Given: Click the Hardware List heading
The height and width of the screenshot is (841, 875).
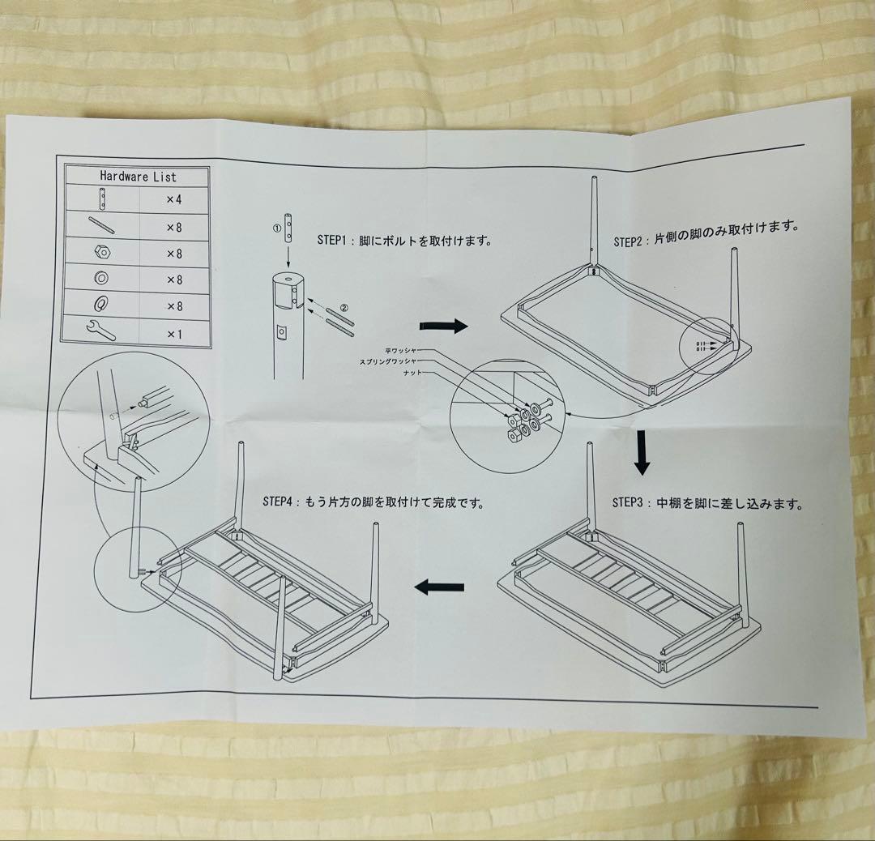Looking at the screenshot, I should (x=138, y=176).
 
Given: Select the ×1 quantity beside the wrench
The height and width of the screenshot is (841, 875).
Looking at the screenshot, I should (x=174, y=333).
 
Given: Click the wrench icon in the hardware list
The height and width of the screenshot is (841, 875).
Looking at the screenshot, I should (x=100, y=331).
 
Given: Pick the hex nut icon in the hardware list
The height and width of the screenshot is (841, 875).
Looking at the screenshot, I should (x=101, y=253).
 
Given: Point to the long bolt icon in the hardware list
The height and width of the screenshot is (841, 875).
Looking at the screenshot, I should (x=101, y=225).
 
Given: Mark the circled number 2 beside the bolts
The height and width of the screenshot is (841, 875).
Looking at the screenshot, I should (x=344, y=308).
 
